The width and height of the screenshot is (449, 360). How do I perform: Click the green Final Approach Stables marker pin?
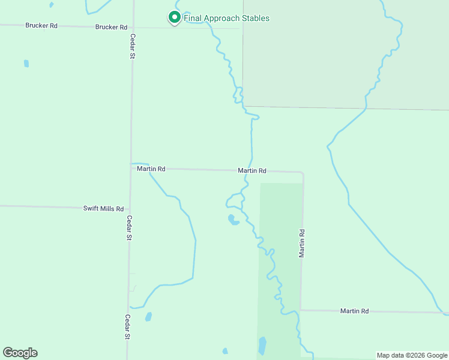(174, 18)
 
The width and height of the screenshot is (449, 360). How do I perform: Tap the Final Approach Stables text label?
(226, 18)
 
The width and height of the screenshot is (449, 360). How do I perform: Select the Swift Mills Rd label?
(103, 209)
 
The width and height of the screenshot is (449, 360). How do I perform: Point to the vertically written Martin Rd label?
(302, 243)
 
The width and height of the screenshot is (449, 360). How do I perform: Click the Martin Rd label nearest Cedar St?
(151, 169)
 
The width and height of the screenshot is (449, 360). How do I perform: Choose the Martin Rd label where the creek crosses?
(252, 170)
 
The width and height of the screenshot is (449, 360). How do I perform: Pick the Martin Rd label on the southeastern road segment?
(354, 311)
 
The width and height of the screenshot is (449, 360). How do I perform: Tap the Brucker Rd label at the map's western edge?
(41, 26)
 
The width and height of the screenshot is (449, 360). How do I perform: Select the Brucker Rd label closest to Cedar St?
(111, 27)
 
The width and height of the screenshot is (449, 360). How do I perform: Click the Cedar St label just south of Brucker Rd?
(133, 46)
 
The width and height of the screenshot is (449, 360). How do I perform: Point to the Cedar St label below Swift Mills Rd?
(129, 228)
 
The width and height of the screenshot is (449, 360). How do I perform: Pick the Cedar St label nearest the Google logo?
(127, 327)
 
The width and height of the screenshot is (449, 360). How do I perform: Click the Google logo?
(20, 353)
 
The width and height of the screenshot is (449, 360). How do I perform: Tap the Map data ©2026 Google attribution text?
(412, 355)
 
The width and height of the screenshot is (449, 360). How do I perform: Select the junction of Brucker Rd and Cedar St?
(133, 28)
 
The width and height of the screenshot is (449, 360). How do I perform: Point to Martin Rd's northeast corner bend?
(303, 173)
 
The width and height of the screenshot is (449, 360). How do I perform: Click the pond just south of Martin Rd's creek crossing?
(232, 220)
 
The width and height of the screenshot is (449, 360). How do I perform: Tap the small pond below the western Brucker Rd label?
(26, 63)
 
